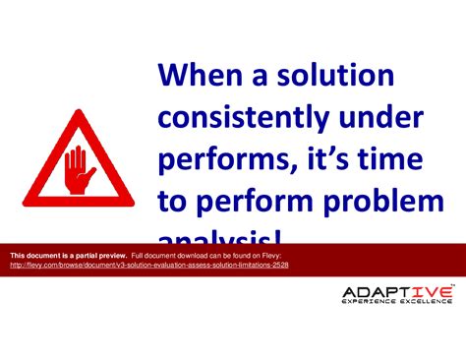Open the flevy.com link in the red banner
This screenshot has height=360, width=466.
148,266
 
